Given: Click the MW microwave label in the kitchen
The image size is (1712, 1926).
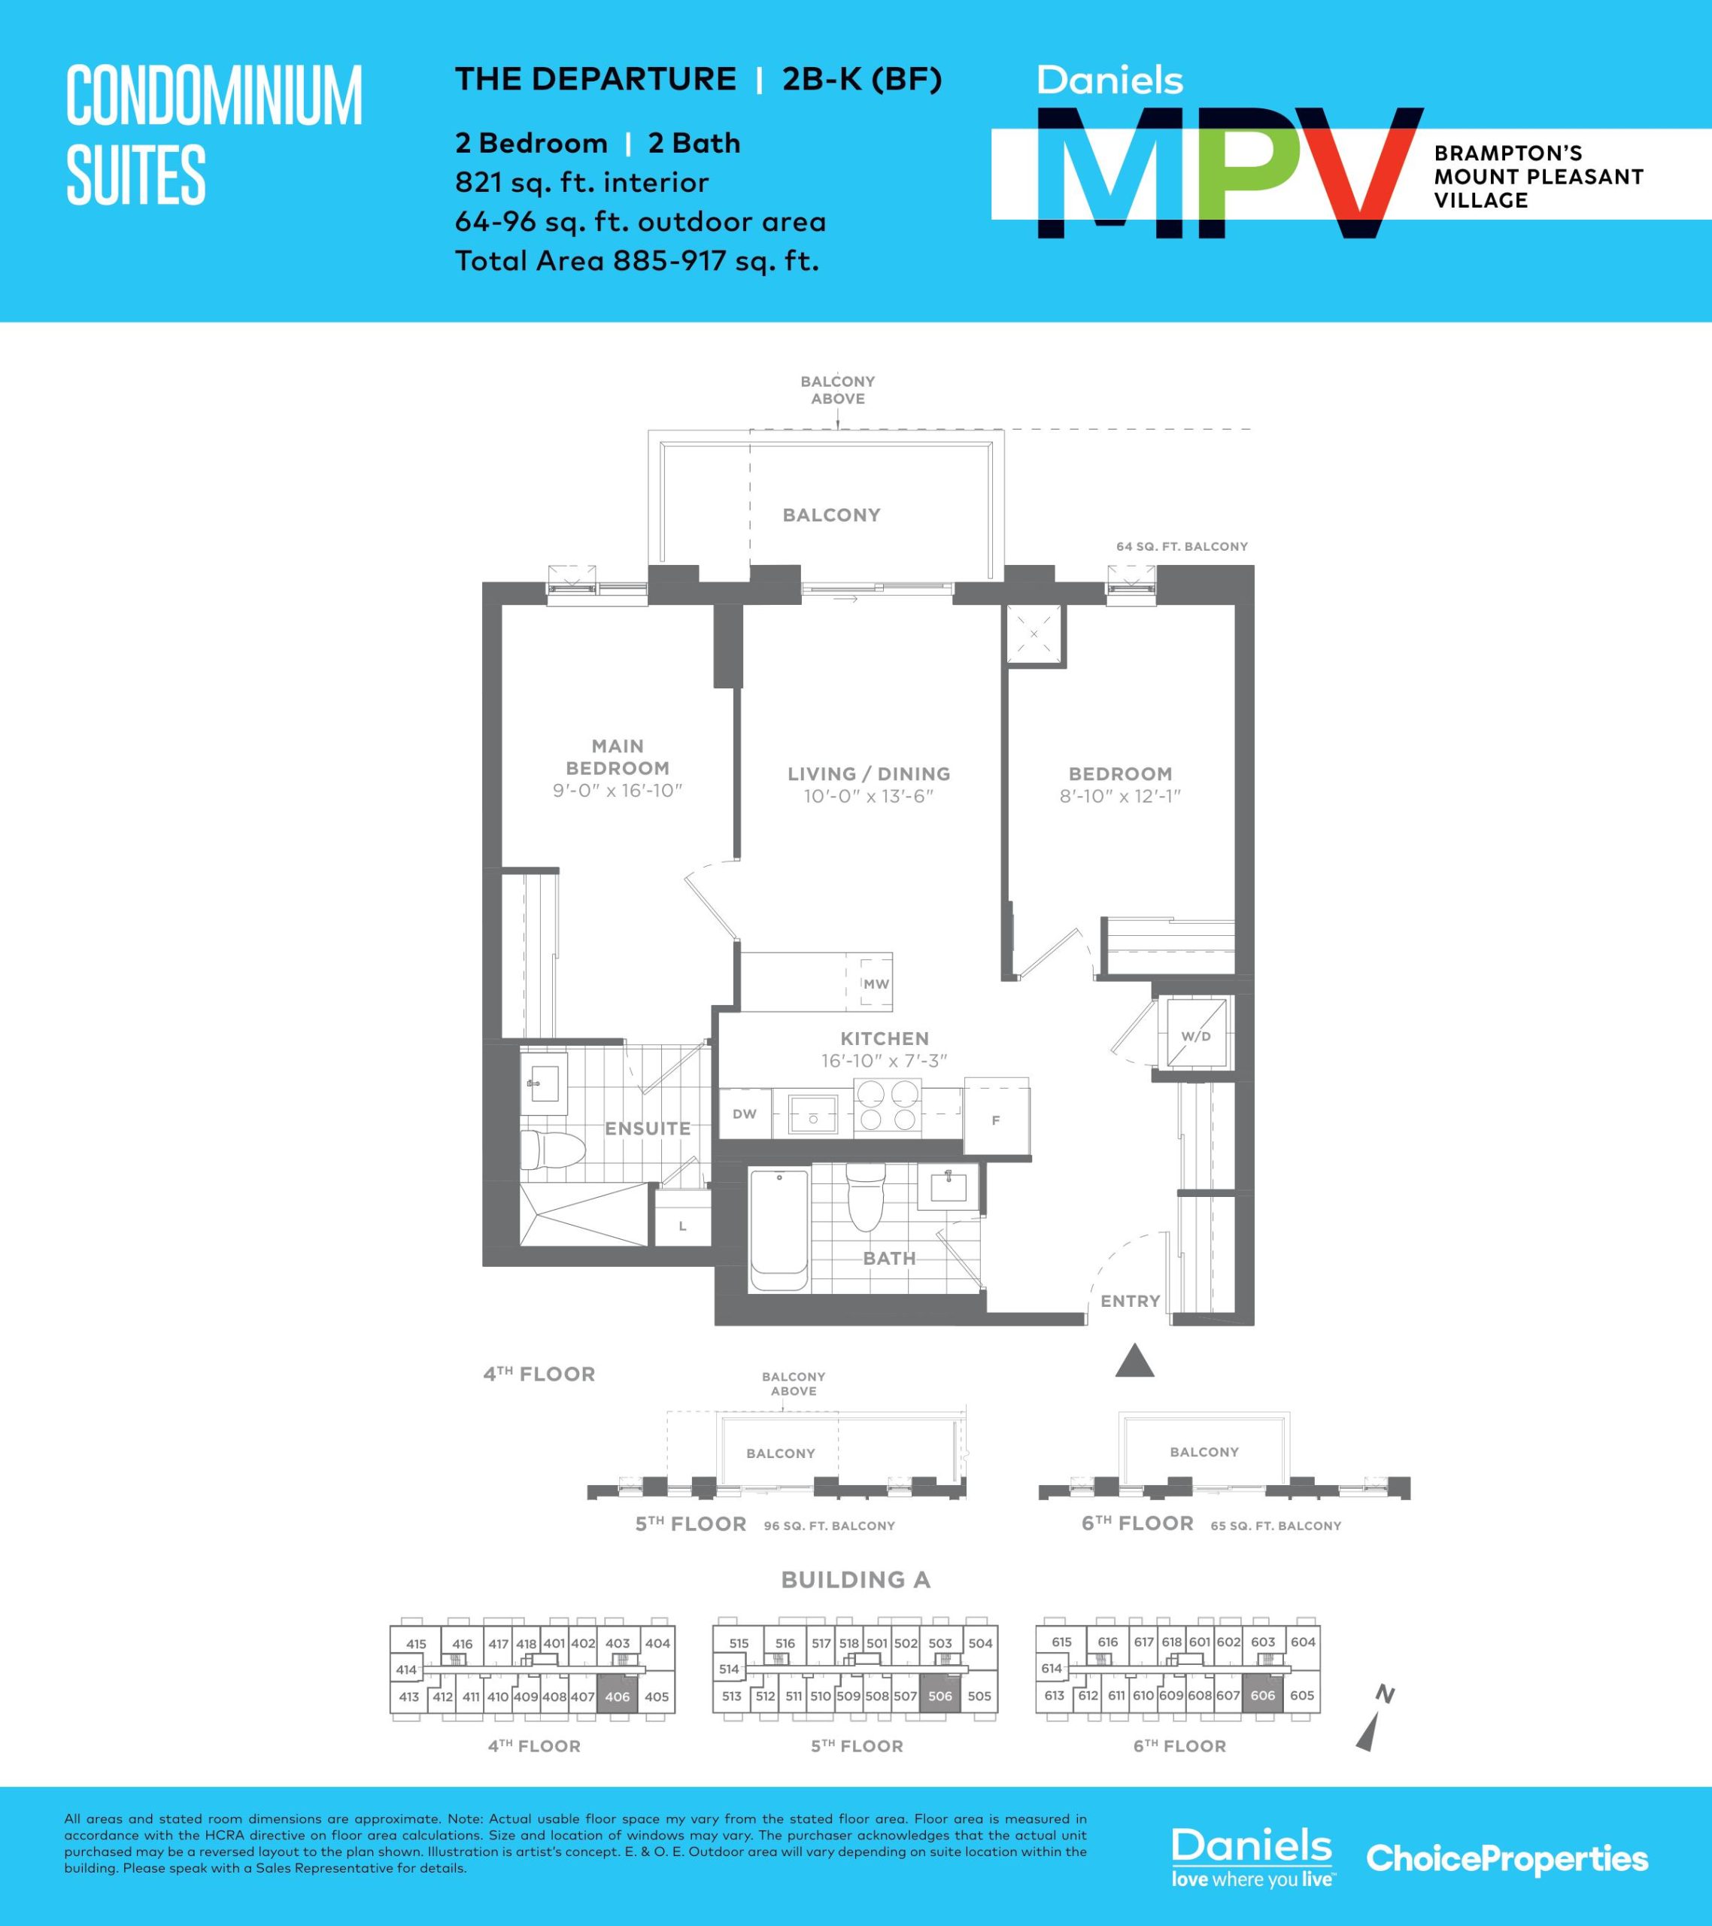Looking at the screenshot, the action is click(x=876, y=984).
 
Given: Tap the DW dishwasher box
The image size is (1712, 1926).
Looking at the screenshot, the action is click(x=745, y=1113).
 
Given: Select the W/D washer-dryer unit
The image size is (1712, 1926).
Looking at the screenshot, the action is click(x=1196, y=1035).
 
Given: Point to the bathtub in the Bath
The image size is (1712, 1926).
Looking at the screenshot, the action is click(x=779, y=1231).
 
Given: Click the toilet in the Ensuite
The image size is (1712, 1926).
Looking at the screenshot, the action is click(x=544, y=1149).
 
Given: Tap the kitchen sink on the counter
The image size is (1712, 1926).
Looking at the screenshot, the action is click(x=812, y=1115).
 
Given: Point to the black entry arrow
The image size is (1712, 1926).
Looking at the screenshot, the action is click(x=1134, y=1362).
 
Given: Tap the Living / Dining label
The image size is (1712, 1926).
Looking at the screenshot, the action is click(x=869, y=773).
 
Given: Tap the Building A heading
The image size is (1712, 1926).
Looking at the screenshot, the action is click(x=855, y=1580).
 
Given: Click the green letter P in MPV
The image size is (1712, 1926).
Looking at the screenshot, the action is click(x=1241, y=175).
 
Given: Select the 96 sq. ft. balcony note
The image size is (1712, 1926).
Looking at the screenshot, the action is click(x=829, y=1527).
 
